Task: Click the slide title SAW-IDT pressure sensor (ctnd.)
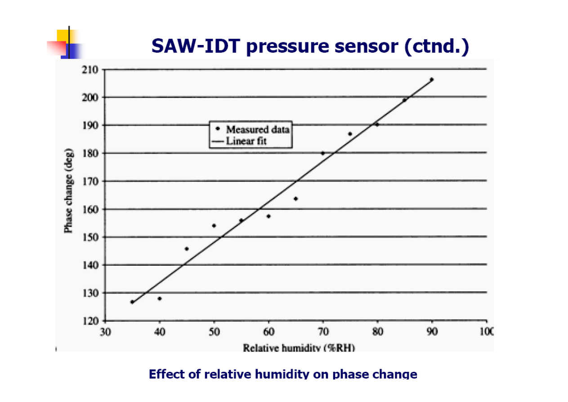(x=310, y=46)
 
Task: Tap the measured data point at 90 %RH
(x=432, y=80)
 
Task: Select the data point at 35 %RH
(x=132, y=302)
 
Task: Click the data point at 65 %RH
(x=295, y=199)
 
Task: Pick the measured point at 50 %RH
(x=214, y=226)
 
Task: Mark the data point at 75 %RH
(x=350, y=134)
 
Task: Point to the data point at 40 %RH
(x=160, y=298)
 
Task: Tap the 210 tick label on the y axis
(x=90, y=70)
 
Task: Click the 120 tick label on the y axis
(x=90, y=321)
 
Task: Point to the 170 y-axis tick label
(x=90, y=181)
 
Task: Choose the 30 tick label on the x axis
(x=105, y=332)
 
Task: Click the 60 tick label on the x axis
(x=268, y=332)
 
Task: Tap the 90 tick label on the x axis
(x=432, y=332)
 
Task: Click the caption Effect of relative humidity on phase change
(x=283, y=374)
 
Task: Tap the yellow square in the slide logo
(x=63, y=36)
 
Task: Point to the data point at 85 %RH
(x=404, y=100)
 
